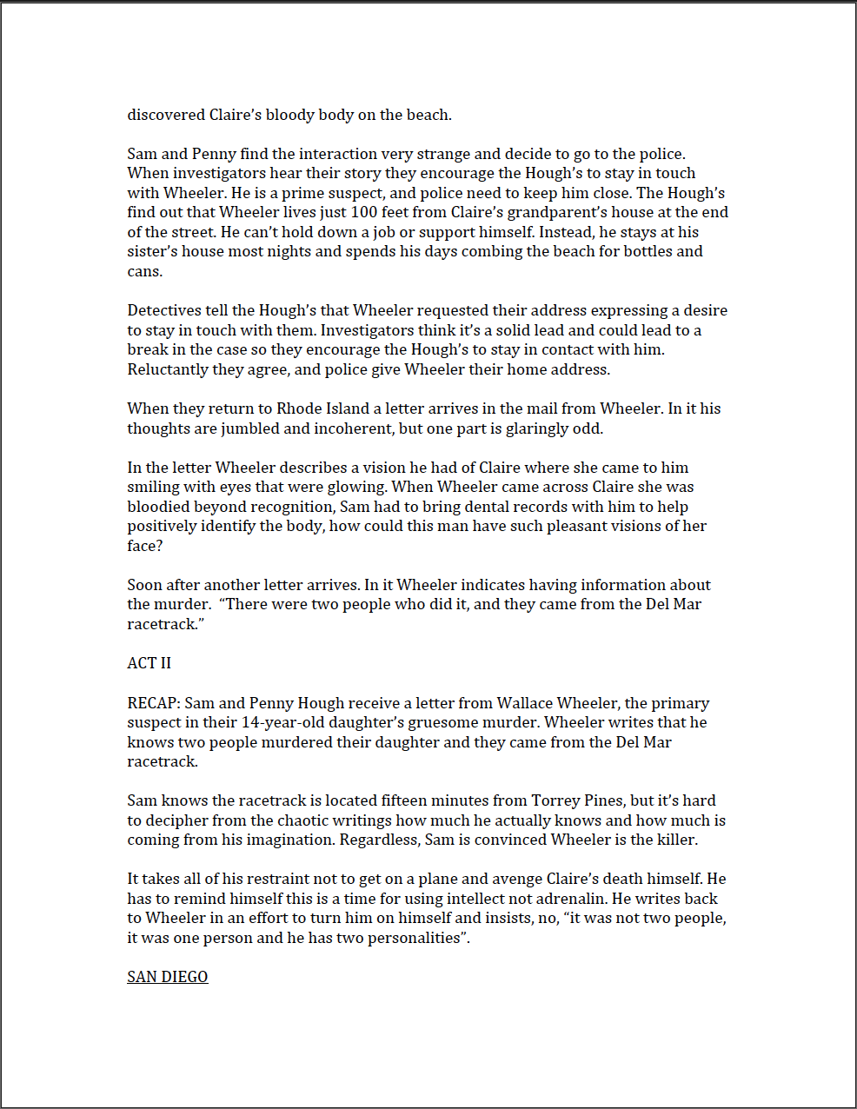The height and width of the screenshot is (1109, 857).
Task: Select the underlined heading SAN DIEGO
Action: click(x=168, y=977)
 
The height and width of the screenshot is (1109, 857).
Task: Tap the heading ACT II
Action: click(x=149, y=663)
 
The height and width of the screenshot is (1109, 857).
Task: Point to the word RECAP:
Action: click(x=154, y=703)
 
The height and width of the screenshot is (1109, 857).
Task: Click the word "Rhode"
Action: click(x=300, y=408)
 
